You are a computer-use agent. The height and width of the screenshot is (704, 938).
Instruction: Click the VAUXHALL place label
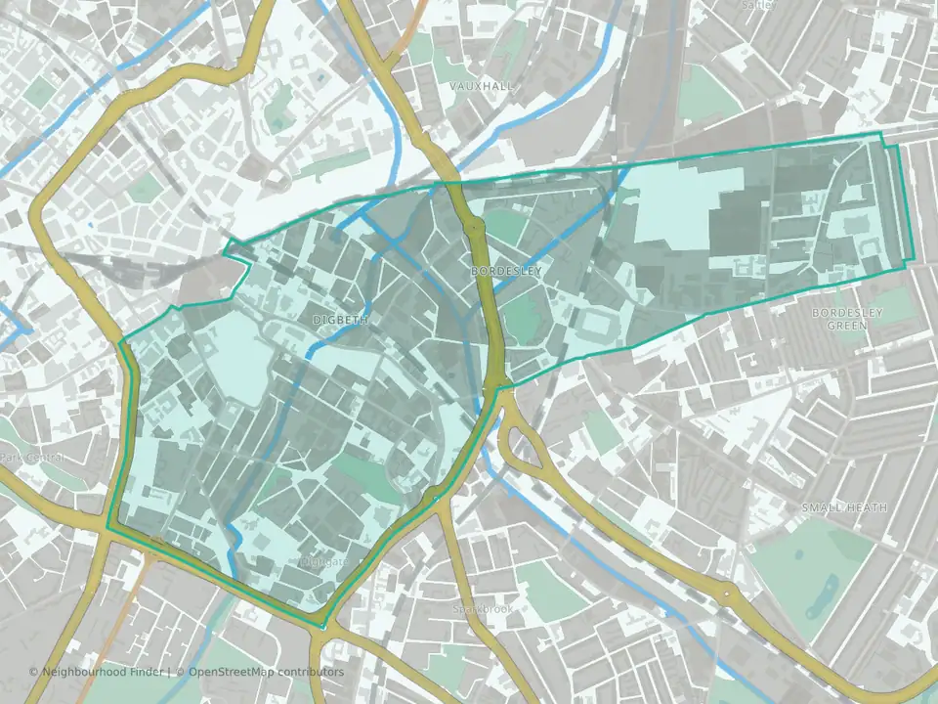click(481, 87)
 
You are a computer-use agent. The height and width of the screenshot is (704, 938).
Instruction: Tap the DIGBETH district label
click(340, 320)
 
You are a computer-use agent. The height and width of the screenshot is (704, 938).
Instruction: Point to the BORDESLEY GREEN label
click(847, 318)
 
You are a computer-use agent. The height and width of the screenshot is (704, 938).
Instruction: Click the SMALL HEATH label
click(843, 508)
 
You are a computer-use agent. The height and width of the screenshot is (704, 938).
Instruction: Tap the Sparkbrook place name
click(482, 608)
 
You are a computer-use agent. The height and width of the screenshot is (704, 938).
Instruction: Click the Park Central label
click(31, 458)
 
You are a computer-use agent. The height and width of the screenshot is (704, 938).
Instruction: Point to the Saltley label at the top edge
click(757, 5)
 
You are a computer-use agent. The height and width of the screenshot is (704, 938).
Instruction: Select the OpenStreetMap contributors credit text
click(266, 672)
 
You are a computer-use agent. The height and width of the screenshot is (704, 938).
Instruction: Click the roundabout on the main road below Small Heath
click(728, 593)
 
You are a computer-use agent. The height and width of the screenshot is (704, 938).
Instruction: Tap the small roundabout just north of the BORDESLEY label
click(474, 228)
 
